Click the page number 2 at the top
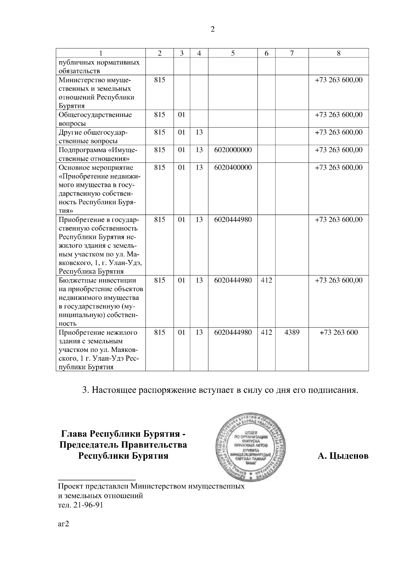point(212,29)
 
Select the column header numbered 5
point(233,53)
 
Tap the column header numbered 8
point(338,53)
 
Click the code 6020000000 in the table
point(233,150)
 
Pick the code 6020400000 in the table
point(233,167)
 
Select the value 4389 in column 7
point(292,332)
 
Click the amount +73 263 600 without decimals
point(338,332)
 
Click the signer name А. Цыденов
point(343,456)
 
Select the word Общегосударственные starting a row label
point(95,115)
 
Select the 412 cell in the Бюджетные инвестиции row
point(266,280)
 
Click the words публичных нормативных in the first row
point(99,63)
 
